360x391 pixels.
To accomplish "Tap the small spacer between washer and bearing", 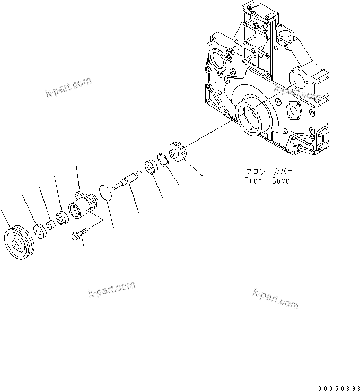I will pyautogui.click(x=49, y=225).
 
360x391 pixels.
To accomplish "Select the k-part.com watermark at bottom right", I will pyautogui.click(x=276, y=299).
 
